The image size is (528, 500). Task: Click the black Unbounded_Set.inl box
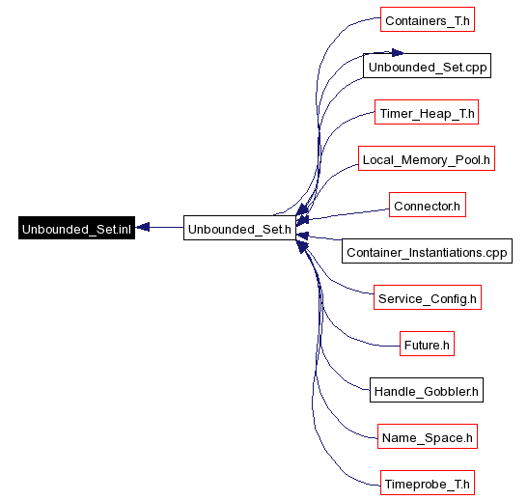[77, 228]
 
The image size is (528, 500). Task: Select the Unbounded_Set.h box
[239, 228]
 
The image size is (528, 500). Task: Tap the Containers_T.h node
[428, 19]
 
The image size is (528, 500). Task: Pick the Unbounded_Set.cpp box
[427, 66]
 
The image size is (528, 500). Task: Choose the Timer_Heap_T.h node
[427, 112]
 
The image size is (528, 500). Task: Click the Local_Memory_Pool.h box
[427, 158]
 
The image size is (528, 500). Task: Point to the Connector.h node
[428, 205]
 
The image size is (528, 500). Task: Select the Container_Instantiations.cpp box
[427, 251]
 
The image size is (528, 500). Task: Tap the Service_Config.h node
[428, 297]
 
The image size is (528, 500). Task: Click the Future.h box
[427, 344]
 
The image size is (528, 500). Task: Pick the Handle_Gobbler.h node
[427, 390]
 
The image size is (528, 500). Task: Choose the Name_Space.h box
[428, 436]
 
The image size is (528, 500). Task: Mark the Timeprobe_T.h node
[428, 483]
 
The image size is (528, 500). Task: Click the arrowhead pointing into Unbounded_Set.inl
[143, 227]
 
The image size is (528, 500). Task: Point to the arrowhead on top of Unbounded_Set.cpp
[398, 53]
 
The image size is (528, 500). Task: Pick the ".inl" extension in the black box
[122, 229]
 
